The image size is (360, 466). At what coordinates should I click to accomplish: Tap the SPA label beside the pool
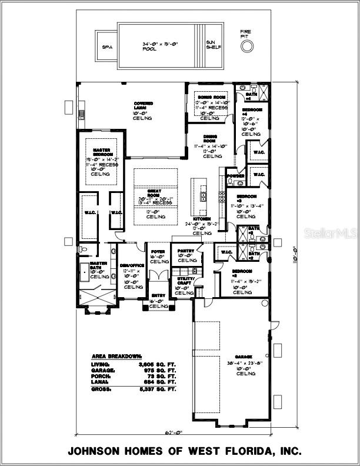[x=107, y=46]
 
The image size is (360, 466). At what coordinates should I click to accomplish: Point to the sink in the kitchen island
[x=203, y=197]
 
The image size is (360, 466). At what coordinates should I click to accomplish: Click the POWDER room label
[x=236, y=175]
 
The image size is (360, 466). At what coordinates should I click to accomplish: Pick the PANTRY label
[x=187, y=251]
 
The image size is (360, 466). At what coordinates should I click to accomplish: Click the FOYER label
[x=157, y=251]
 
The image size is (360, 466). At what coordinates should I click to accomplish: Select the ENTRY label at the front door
[x=158, y=295]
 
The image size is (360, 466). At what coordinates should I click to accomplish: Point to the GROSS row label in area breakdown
[x=101, y=389]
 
